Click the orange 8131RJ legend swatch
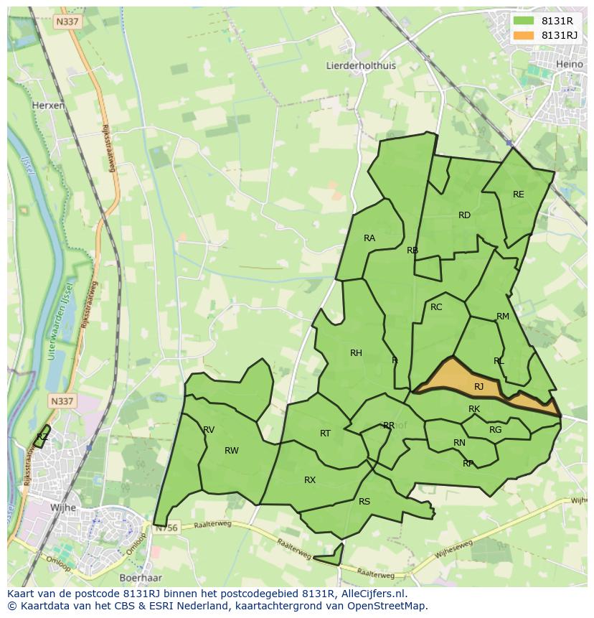(524, 35)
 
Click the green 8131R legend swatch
(524, 21)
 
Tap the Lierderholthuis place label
(361, 65)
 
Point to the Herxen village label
(48, 105)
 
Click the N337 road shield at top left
(67, 22)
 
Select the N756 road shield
(166, 528)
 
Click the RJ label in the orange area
(478, 387)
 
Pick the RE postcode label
(518, 195)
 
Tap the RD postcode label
(464, 215)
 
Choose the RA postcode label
(369, 238)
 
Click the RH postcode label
(356, 352)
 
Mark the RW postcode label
(231, 451)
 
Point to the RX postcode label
(310, 480)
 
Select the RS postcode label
(364, 502)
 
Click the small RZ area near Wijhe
(42, 437)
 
